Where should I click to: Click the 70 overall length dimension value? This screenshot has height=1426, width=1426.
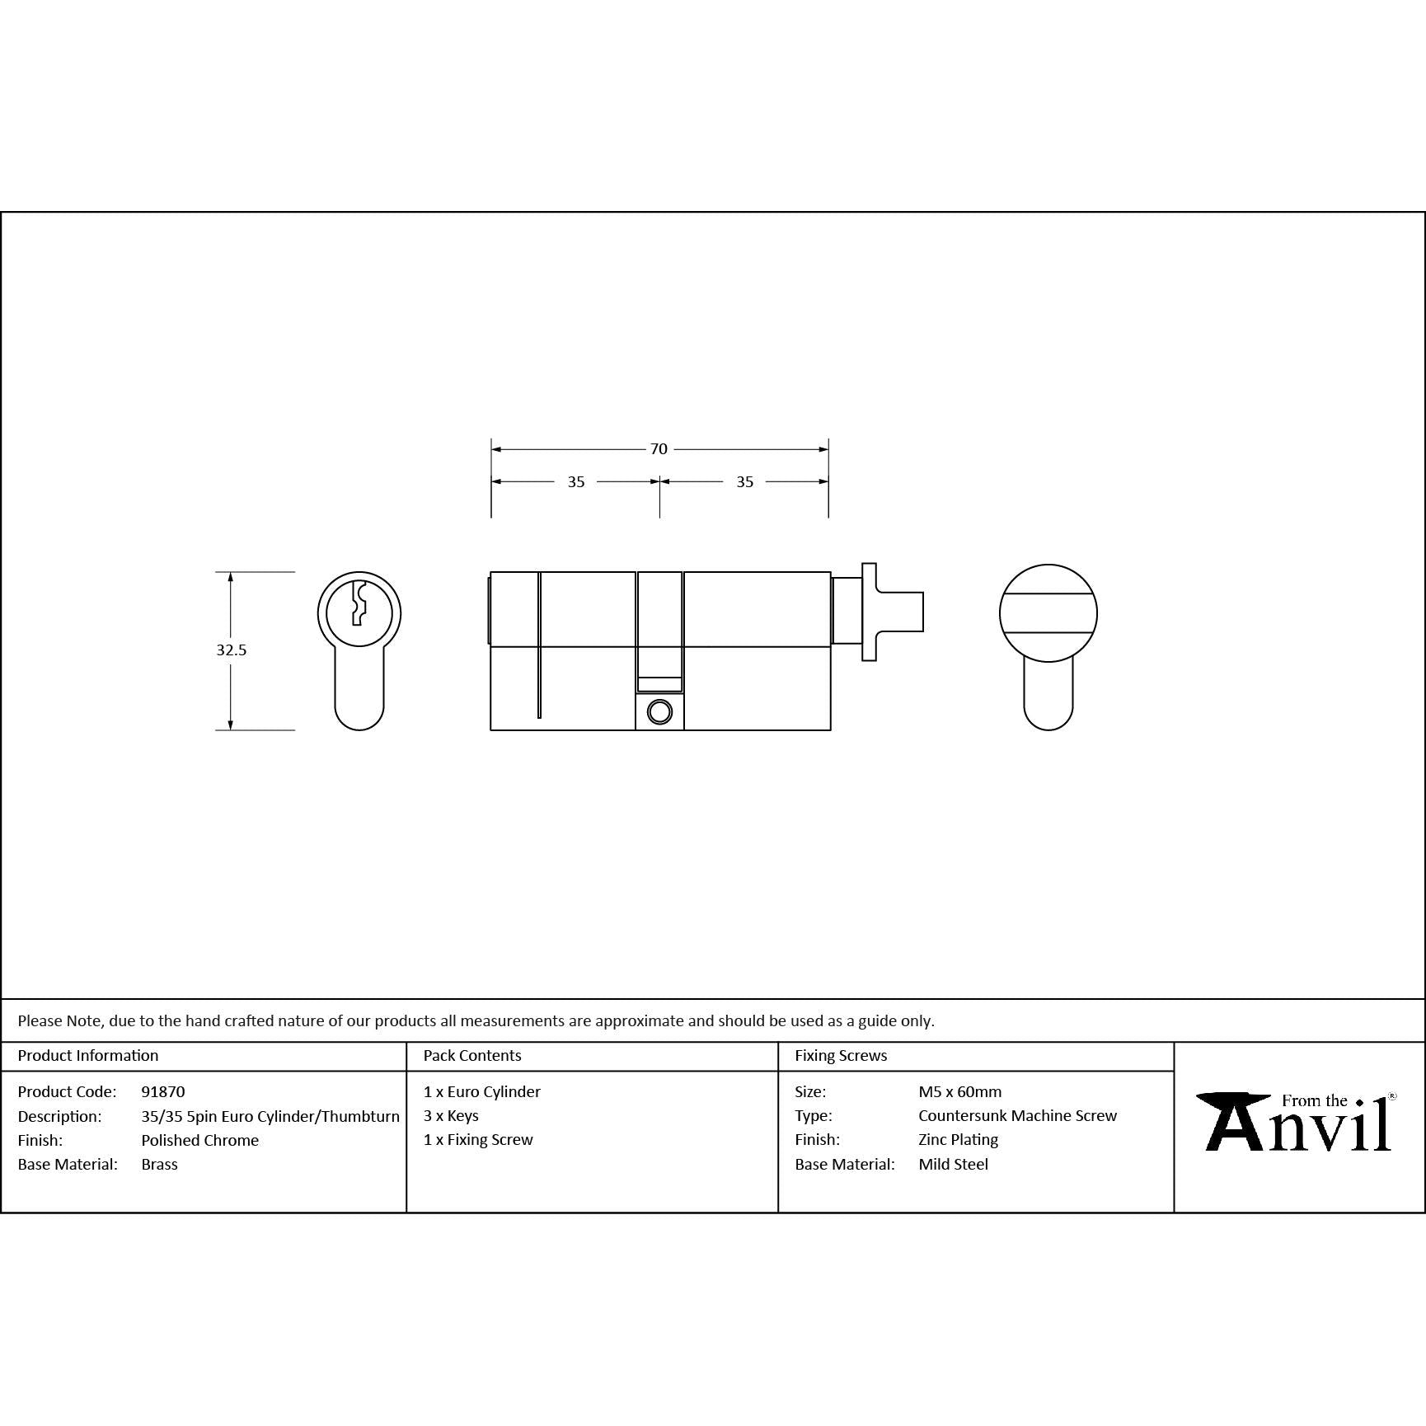click(659, 449)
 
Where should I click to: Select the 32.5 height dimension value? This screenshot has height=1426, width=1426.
click(232, 650)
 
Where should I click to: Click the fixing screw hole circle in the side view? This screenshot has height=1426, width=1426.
click(659, 711)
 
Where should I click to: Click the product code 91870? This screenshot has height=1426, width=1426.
click(163, 1091)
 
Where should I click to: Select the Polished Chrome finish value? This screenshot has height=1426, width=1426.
click(200, 1140)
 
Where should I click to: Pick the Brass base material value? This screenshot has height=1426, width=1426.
click(160, 1164)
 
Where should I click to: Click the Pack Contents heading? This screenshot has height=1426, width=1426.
click(472, 1055)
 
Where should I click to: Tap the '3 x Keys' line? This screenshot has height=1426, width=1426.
click(451, 1115)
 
